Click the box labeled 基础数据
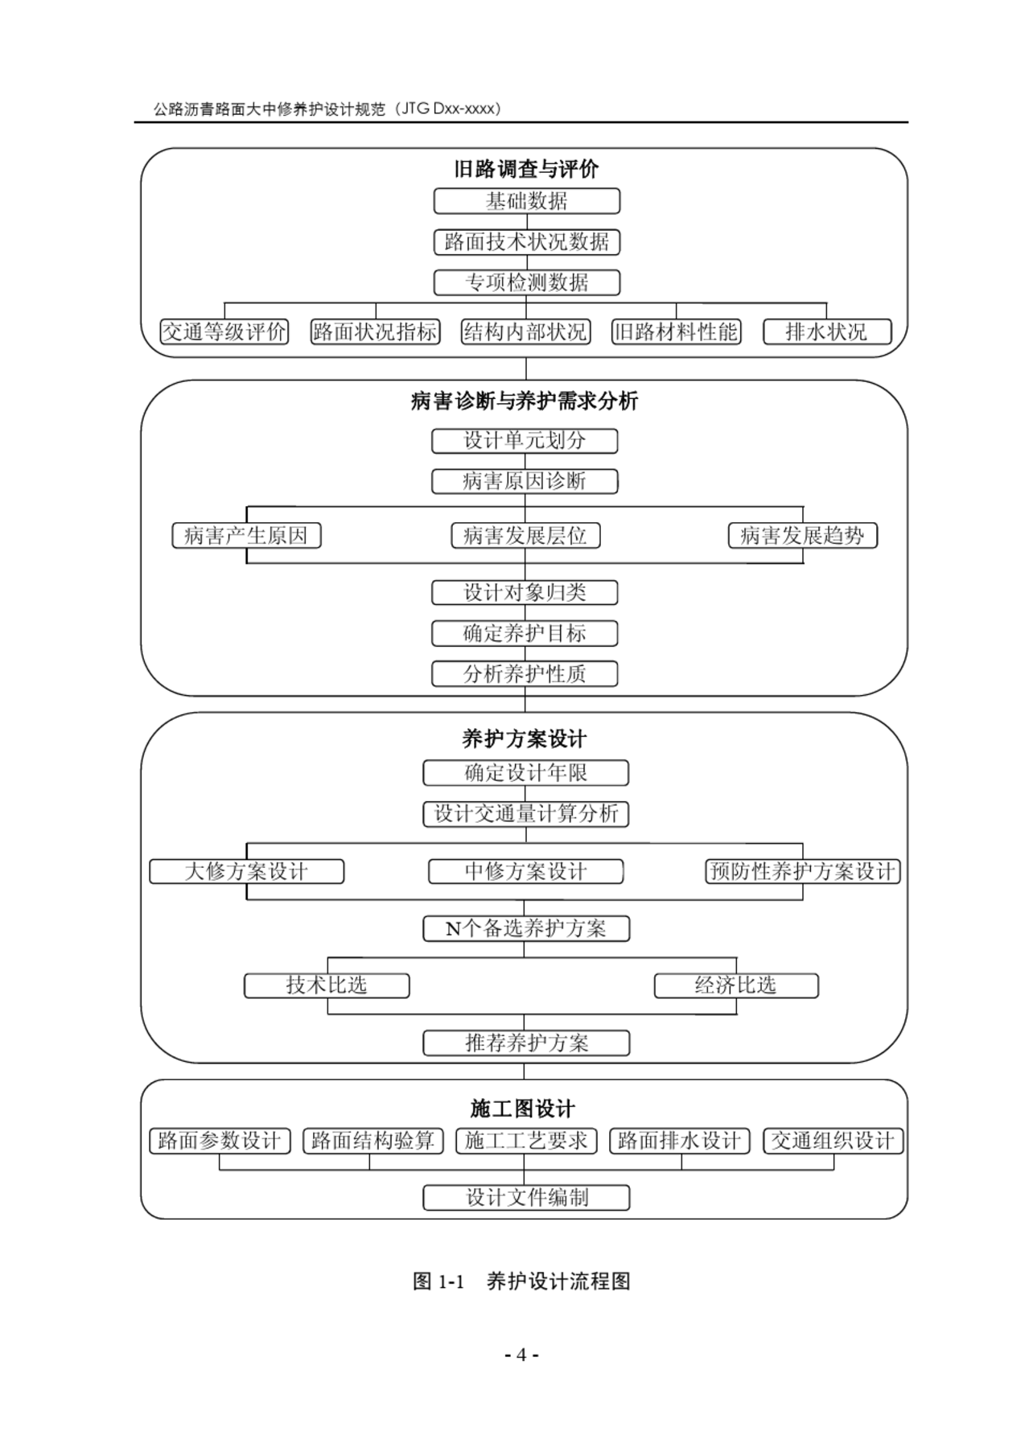click(526, 201)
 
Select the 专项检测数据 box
click(526, 282)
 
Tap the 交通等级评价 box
click(224, 331)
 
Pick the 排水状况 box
click(827, 331)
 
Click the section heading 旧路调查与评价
click(526, 169)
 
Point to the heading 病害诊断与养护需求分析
click(525, 401)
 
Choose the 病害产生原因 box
click(246, 536)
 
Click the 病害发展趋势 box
click(803, 536)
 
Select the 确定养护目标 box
click(525, 633)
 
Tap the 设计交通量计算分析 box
click(526, 814)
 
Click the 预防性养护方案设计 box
click(803, 871)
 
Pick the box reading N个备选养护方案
click(526, 928)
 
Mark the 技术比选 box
click(327, 985)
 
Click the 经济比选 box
click(736, 985)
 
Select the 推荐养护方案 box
click(526, 1043)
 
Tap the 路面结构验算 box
click(372, 1141)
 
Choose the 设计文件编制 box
click(526, 1198)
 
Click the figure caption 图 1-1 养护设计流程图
click(521, 1281)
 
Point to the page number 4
click(521, 1355)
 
